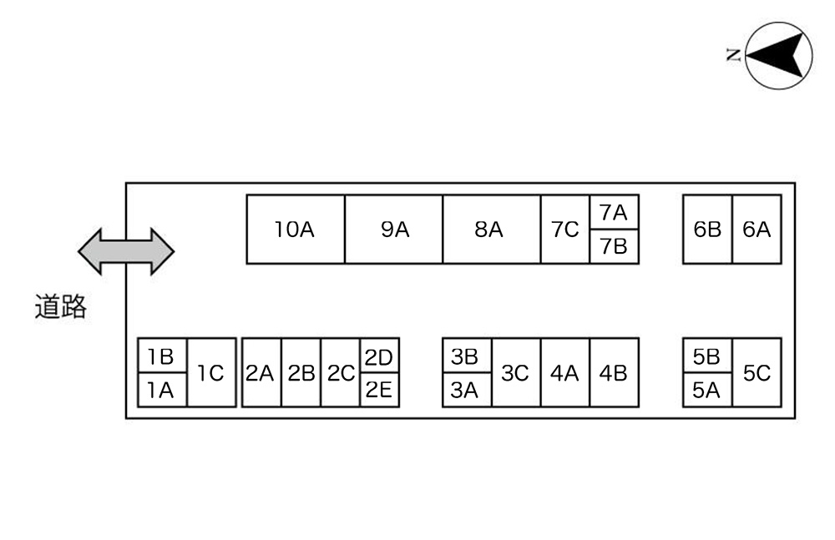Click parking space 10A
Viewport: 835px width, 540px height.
pyautogui.click(x=296, y=229)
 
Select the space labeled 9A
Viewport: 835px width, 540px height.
pyautogui.click(x=393, y=229)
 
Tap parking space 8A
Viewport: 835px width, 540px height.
pyautogui.click(x=492, y=229)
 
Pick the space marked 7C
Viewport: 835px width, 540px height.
pyautogui.click(x=565, y=229)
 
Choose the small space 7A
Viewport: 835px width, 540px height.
pyautogui.click(x=614, y=212)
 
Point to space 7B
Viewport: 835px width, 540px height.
pyautogui.click(x=614, y=246)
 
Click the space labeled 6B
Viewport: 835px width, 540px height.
pyautogui.click(x=708, y=229)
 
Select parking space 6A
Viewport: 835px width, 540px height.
pyautogui.click(x=757, y=229)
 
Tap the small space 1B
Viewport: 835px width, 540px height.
pyautogui.click(x=163, y=356)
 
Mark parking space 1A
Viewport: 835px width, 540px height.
pyautogui.click(x=163, y=390)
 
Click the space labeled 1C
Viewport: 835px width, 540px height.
pyautogui.click(x=211, y=373)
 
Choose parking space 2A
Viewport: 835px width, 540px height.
pyautogui.click(x=261, y=373)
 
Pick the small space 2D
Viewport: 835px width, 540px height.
pyautogui.click(x=379, y=356)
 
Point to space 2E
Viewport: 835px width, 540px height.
pyautogui.click(x=379, y=390)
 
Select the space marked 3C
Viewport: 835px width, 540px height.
pyautogui.click(x=516, y=373)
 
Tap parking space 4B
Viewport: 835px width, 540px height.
pyautogui.click(x=614, y=373)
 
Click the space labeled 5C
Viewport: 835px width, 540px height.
pyautogui.click(x=757, y=373)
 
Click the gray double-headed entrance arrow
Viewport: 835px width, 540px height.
pyautogui.click(x=126, y=251)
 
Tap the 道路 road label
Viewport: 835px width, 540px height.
pyautogui.click(x=61, y=307)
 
